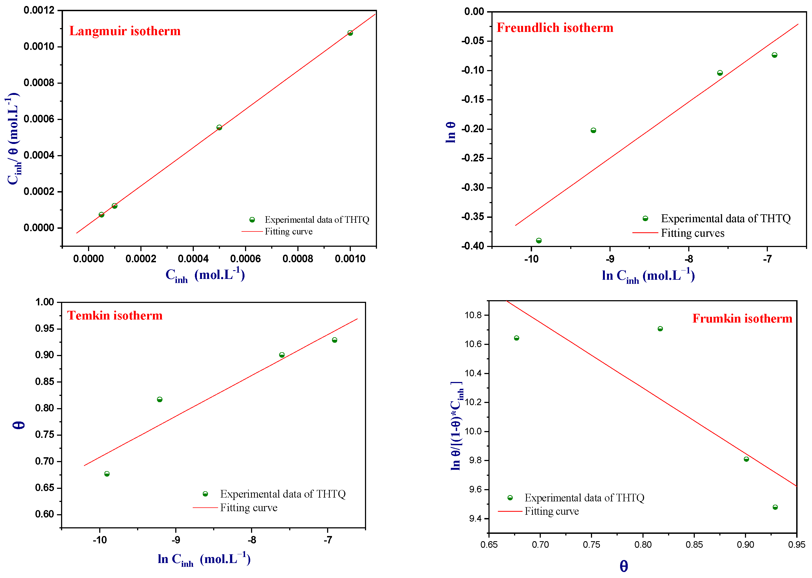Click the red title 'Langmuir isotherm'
coord(125,31)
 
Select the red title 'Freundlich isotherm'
coord(554,28)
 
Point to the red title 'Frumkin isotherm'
coord(742,318)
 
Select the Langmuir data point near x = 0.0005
coord(219,127)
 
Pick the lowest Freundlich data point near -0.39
coord(538,240)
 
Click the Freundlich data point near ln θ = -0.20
coord(593,130)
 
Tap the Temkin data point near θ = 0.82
coord(159,399)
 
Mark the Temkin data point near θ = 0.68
coord(107,474)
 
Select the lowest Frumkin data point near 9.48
coord(775,507)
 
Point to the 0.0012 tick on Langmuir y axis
coord(39,10)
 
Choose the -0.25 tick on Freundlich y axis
coord(473,158)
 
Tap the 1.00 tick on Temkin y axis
coord(44,302)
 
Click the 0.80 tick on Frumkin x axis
coord(643,544)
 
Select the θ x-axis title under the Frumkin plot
coord(623,566)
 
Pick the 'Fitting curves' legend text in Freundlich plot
coord(692,233)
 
